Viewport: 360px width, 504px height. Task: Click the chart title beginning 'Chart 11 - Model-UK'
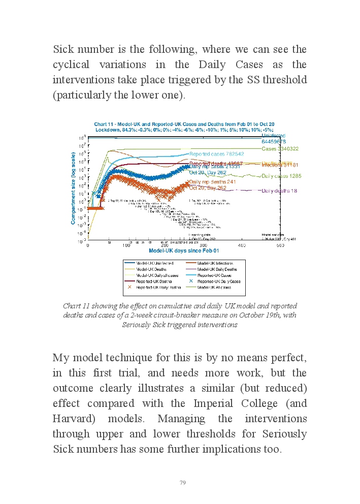[x=184, y=124]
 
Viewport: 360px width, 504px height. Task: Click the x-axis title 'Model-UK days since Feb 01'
[x=184, y=250]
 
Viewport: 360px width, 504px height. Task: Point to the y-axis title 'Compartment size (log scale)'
[x=74, y=189]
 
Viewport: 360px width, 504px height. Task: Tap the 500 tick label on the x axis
[x=280, y=245]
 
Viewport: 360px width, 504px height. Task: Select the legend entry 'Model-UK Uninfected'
[x=155, y=263]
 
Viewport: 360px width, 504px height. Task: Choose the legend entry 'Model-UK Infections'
[x=215, y=263]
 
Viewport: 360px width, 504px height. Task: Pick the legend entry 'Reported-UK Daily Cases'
[x=218, y=281]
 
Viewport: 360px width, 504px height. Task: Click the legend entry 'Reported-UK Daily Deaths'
[x=155, y=287]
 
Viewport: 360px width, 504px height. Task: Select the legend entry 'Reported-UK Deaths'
[x=154, y=281]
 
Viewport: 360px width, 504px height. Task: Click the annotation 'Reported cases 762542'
[x=216, y=153]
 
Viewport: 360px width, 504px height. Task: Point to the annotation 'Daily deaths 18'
[x=279, y=191]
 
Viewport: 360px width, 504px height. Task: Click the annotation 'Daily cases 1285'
[x=281, y=176]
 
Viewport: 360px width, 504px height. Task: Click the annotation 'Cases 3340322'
[x=280, y=149]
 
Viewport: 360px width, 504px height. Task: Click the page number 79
[x=183, y=482]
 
